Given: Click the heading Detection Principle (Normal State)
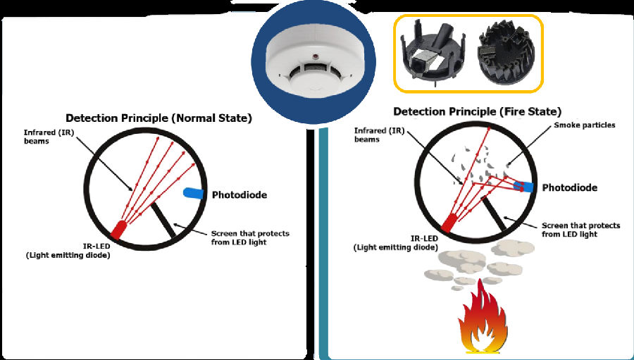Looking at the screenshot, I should [158, 118].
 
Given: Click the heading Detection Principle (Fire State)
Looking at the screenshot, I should [477, 111].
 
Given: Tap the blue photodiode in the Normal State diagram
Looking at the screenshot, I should [193, 192].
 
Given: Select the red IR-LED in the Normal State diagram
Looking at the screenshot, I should [118, 228].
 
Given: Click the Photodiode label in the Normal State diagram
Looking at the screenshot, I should [240, 194].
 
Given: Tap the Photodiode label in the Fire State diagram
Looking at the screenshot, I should [570, 188].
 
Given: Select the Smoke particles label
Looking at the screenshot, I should [584, 125].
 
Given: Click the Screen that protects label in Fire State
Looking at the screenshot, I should [580, 230].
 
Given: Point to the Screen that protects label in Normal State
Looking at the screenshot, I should [250, 237].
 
